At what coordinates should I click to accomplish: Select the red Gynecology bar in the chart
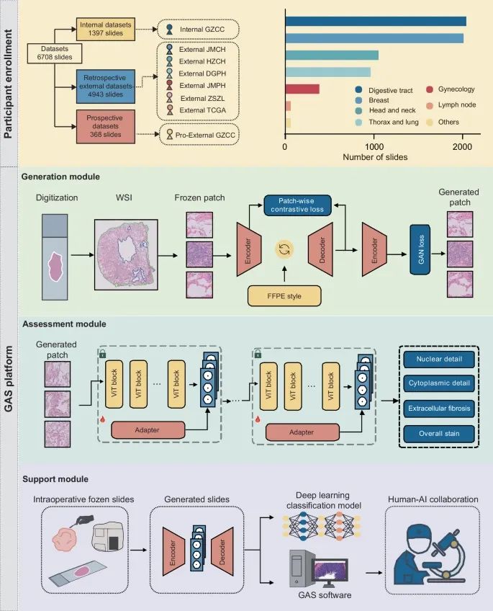click(302, 89)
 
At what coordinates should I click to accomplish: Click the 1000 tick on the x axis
click(374, 144)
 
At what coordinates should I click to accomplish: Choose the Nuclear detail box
click(438, 359)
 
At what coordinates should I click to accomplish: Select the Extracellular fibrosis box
click(438, 409)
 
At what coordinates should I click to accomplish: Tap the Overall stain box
click(438, 433)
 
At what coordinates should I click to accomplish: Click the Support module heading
click(55, 478)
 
